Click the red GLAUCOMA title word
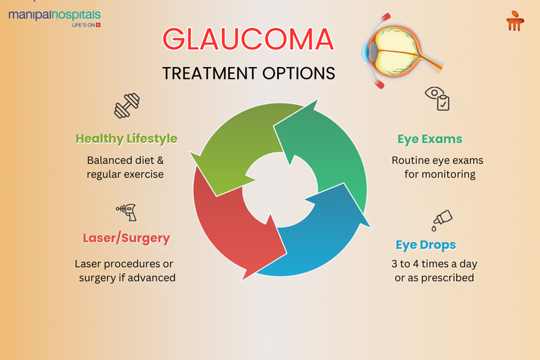248,39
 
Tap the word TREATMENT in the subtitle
209,73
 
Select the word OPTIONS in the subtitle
298,73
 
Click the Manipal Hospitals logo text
55,16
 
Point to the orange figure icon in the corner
515,21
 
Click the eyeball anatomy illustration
401,51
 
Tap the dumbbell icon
127,106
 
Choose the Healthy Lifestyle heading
126,139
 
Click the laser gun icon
127,212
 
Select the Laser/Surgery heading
126,238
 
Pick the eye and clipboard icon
437,99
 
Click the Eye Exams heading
430,139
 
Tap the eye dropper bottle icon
442,220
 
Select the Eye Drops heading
426,245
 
